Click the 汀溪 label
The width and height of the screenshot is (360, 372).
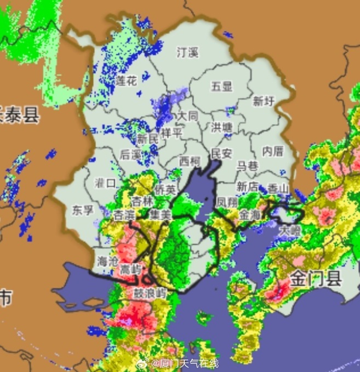coord(187,53)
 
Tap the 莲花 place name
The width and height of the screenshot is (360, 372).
coord(126,82)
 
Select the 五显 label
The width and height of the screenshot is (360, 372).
coord(222,86)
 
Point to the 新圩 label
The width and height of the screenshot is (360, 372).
coord(263,101)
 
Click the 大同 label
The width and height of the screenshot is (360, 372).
coord(187,116)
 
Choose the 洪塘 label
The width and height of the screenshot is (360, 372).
coord(222,127)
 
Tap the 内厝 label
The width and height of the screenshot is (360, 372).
coord(272,151)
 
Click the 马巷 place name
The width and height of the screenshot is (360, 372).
coord(247,165)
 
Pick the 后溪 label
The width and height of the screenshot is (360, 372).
coord(130,155)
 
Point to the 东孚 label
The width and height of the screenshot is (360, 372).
coord(83,209)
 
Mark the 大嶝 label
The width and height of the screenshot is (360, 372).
coord(289,230)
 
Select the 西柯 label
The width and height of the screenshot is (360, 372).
coord(190,161)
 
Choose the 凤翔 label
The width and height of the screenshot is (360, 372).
coord(227,202)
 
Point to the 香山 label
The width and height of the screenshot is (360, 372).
coord(278,188)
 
